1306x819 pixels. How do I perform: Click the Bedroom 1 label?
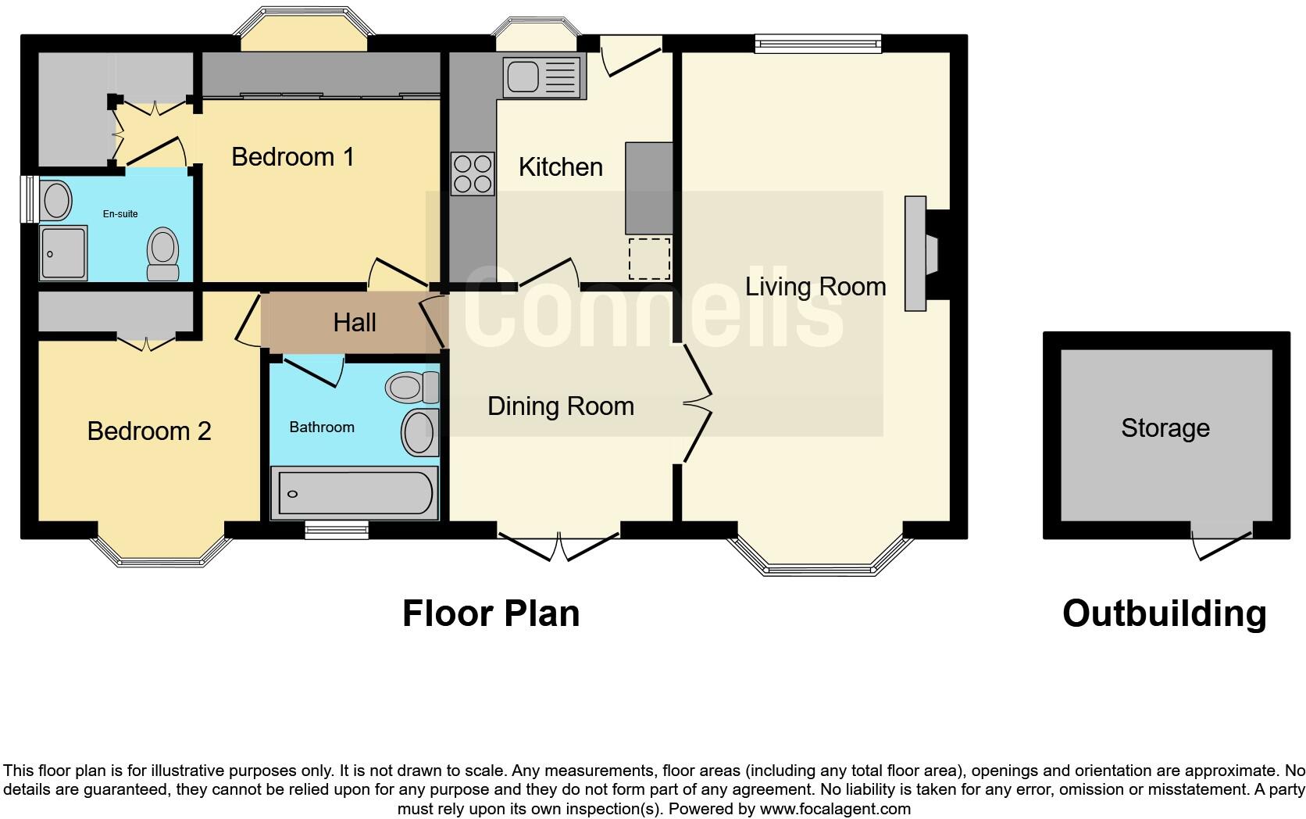(293, 157)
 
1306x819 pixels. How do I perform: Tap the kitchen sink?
(544, 77)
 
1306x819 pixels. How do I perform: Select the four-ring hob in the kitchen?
(473, 173)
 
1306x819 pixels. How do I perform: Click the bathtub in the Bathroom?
(354, 493)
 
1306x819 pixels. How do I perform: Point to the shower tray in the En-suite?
(62, 253)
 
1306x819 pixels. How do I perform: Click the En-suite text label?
(120, 213)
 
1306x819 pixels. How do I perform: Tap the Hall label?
(355, 323)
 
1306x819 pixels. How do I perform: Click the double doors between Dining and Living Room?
(698, 404)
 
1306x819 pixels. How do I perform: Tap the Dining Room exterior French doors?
(559, 545)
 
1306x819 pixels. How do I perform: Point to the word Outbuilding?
(1164, 613)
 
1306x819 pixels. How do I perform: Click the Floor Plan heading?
(491, 613)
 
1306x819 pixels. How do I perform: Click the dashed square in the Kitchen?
(650, 259)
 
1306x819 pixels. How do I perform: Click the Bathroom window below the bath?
(336, 530)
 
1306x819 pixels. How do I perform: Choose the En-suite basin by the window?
(56, 200)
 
